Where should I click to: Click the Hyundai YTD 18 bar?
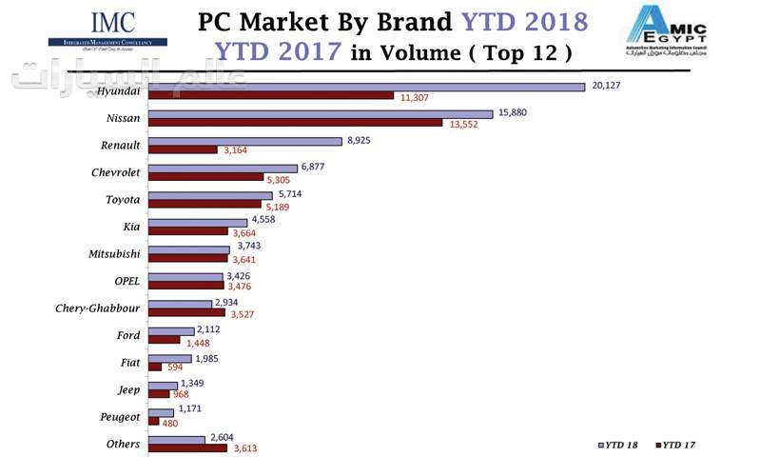tap(366, 88)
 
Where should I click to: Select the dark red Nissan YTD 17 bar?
tap(295, 123)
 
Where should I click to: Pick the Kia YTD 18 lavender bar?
tap(198, 222)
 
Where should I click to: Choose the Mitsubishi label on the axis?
tap(113, 253)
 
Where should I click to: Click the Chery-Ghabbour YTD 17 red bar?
tap(186, 312)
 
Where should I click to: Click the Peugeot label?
tap(120, 416)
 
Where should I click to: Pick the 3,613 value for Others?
tap(246, 447)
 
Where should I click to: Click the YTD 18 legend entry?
tap(621, 445)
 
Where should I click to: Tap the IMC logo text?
tap(112, 22)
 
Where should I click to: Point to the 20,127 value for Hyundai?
tap(606, 85)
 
